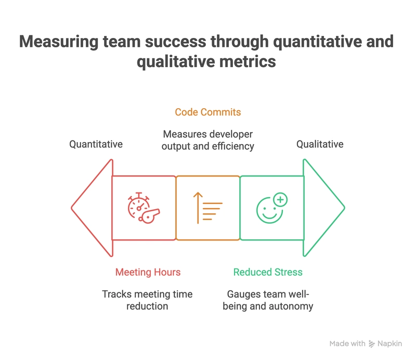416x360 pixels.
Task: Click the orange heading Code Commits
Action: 207,112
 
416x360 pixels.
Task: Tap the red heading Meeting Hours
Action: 148,272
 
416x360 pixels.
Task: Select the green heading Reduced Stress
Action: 268,272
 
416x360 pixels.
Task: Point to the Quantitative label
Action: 96,144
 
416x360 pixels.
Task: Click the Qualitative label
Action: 320,144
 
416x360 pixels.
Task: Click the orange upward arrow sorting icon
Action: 207,208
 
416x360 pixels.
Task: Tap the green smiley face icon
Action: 271,208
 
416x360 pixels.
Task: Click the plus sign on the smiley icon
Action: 280,200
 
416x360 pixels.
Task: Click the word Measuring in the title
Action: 59,42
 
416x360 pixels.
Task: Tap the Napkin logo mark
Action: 372,344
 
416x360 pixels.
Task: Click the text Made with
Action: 347,343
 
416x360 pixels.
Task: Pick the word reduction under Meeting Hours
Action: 147,306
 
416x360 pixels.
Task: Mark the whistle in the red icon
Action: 149,216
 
